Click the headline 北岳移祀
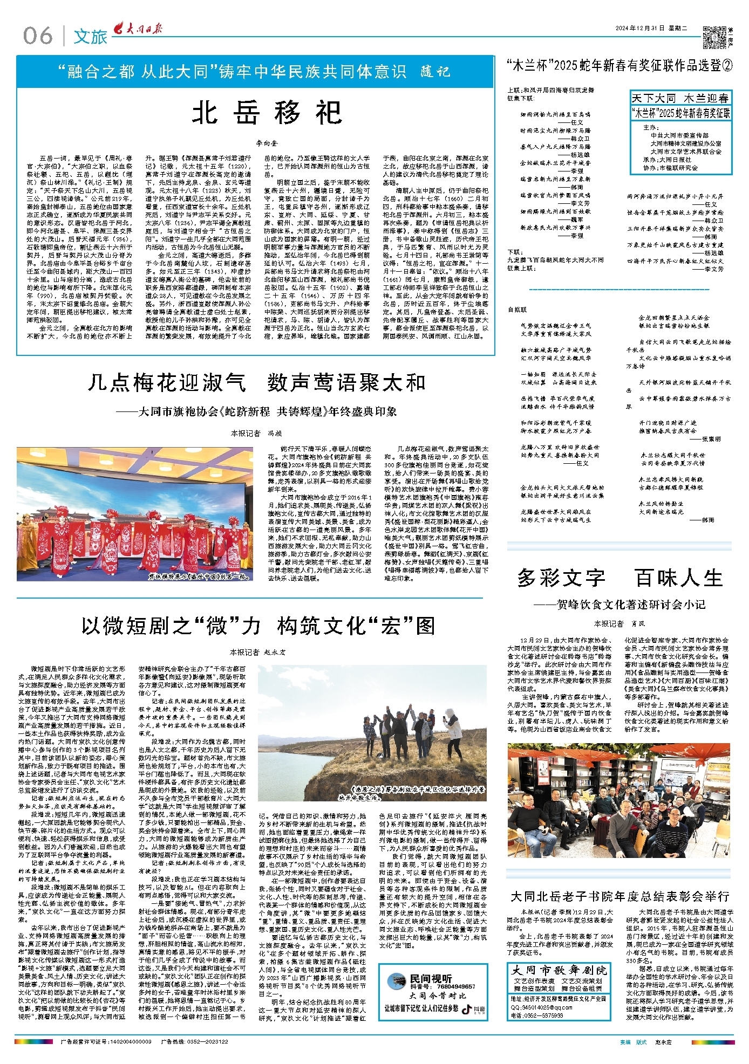tap(267, 113)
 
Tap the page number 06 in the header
tap(38, 36)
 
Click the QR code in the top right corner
tap(713, 37)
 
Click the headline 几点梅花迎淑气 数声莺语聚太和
tap(256, 382)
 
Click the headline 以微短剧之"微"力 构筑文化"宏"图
tap(258, 626)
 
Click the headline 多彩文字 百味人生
tap(619, 578)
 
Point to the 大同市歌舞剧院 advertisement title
tap(559, 971)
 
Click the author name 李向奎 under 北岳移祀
tap(267, 143)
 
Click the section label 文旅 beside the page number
tap(91, 37)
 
